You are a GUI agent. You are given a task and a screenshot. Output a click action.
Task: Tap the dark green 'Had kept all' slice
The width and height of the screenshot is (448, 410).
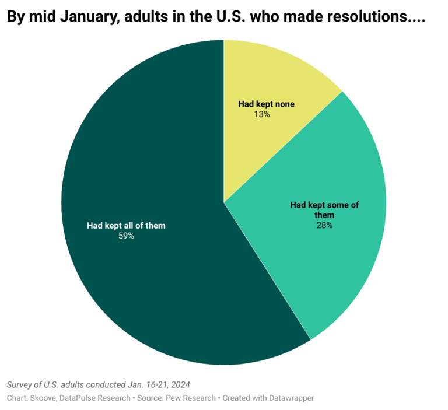(146, 280)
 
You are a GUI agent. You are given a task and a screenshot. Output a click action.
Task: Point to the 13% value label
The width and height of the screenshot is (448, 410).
(262, 115)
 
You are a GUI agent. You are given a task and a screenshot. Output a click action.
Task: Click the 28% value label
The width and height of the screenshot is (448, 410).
(324, 225)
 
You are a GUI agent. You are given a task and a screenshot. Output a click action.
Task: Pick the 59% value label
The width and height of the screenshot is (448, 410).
(126, 236)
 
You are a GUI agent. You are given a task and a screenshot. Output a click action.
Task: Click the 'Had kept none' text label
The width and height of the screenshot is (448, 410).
(266, 104)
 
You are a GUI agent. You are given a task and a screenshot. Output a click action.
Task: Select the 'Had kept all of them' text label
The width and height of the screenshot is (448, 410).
(126, 225)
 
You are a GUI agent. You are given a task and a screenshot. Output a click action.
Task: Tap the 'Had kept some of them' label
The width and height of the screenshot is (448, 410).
(324, 210)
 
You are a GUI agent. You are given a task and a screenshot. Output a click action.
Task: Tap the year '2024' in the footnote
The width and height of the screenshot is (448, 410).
(180, 385)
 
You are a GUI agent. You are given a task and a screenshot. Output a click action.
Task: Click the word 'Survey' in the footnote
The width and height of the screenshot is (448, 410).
(20, 385)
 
